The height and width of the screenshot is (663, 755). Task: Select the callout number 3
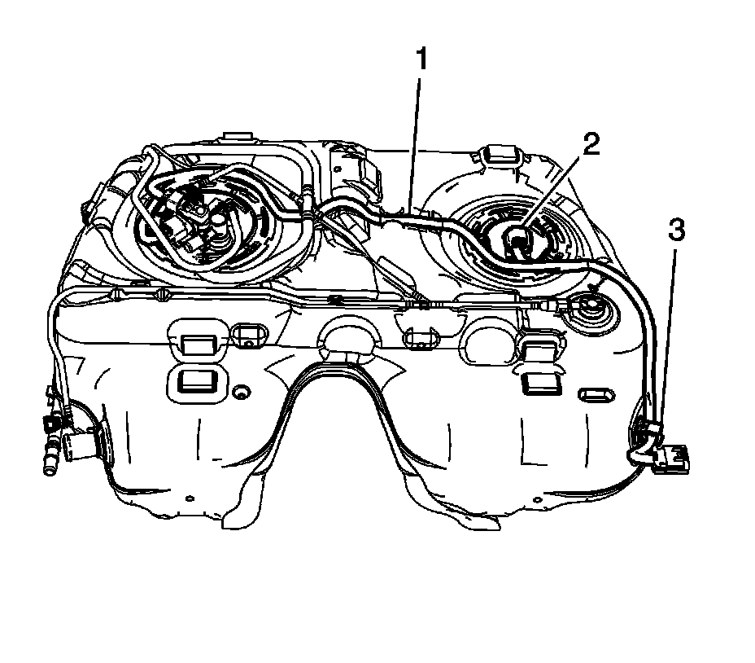coord(677,231)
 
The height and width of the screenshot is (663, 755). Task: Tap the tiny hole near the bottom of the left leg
coord(189,498)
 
